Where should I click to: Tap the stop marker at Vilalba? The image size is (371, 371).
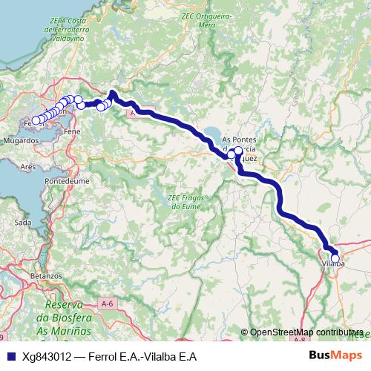(335, 258)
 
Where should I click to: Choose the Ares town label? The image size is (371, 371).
(29, 167)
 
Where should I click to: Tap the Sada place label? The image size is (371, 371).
(23, 222)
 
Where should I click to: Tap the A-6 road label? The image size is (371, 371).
(108, 303)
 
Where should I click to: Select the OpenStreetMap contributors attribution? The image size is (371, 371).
(306, 332)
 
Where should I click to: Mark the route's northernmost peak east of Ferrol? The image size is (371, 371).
(112, 93)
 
